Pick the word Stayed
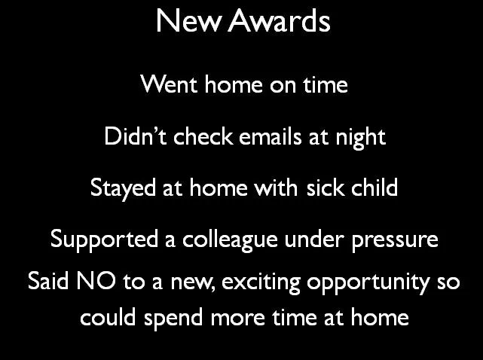tap(121, 188)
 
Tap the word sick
tap(325, 187)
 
